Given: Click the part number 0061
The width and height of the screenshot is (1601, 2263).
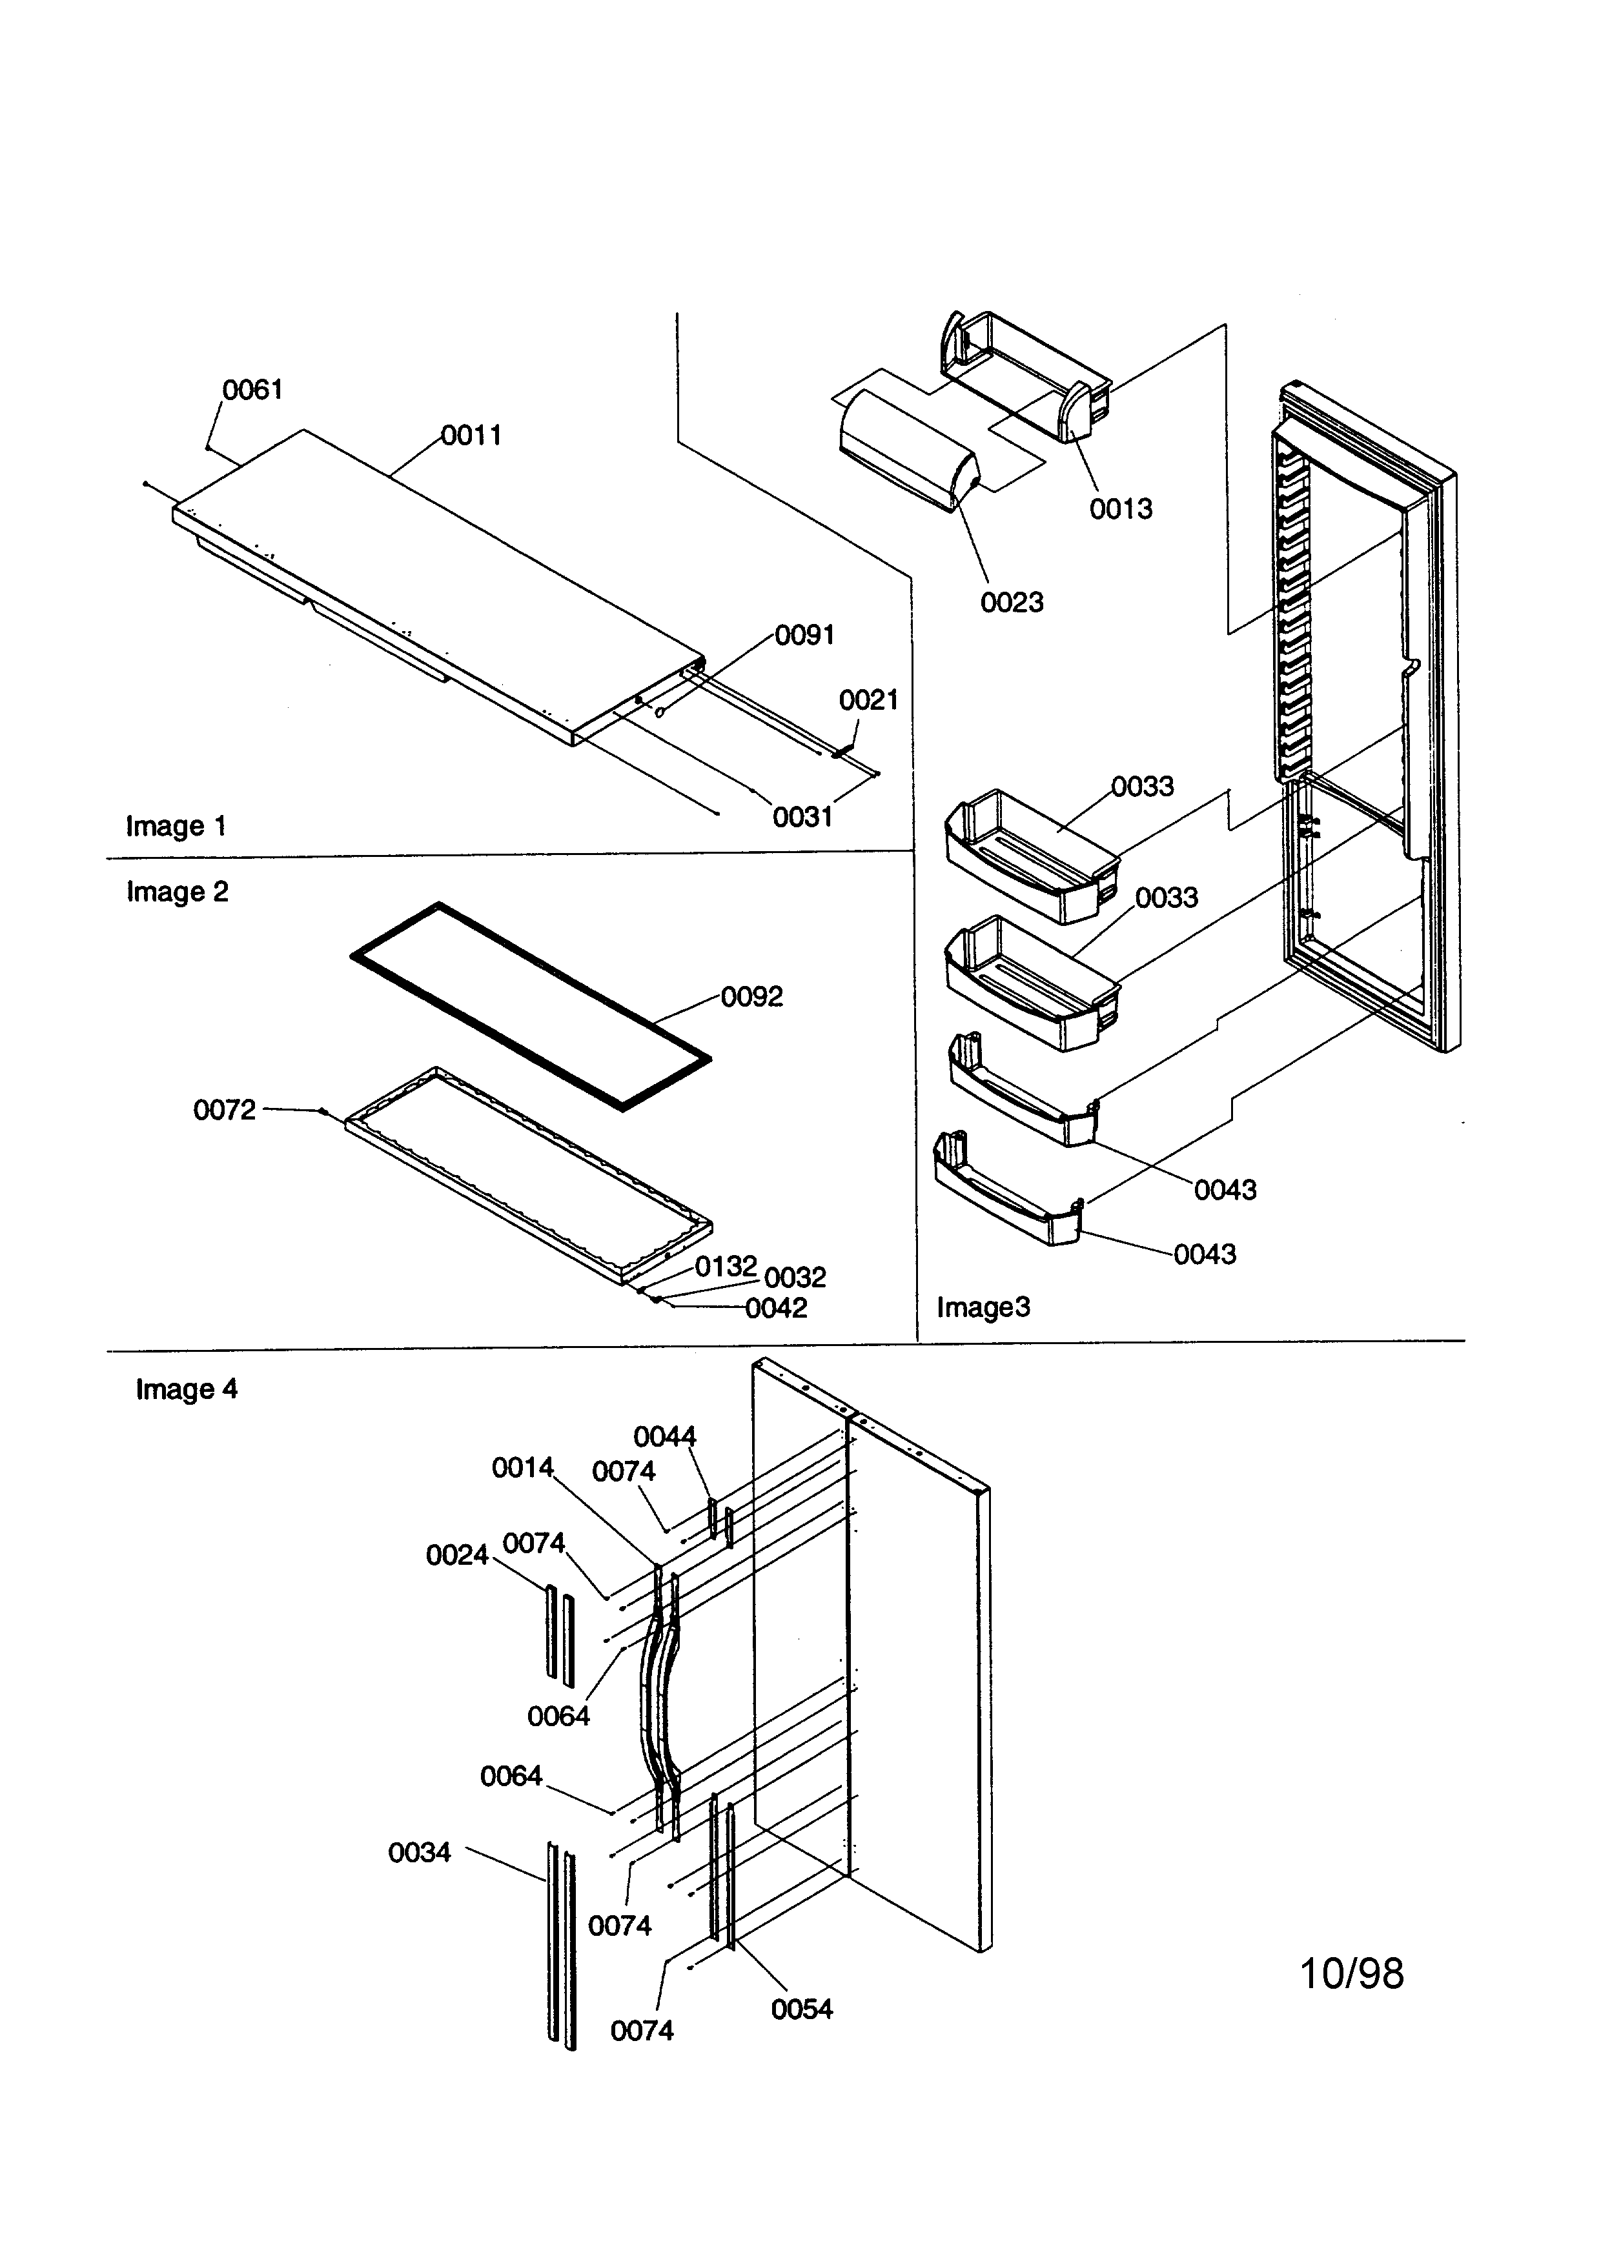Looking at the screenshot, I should click(252, 390).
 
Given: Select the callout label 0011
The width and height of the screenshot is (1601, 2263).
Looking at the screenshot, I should click(471, 436).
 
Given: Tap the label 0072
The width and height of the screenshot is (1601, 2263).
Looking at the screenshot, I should click(224, 1111).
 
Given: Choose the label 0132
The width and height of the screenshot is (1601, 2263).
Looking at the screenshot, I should click(726, 1267).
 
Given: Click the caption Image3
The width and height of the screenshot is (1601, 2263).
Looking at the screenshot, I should click(983, 1308).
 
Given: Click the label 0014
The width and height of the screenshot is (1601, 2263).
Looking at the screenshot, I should click(522, 1469).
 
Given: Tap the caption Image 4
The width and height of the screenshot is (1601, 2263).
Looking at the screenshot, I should click(187, 1390).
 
